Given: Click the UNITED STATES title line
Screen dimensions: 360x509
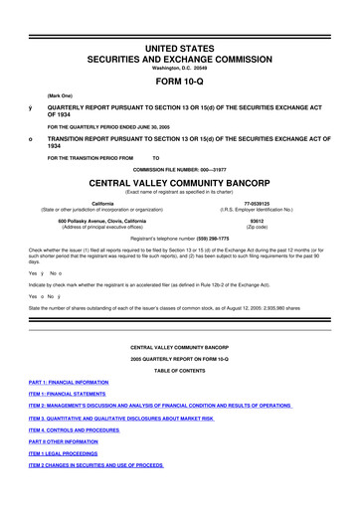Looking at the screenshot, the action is tap(180, 34).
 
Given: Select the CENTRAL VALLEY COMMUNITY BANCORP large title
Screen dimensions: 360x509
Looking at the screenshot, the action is tap(180, 184).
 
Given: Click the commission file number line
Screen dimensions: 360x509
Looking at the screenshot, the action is tap(180, 169).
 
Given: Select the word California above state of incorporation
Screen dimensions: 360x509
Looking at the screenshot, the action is tap(94, 204).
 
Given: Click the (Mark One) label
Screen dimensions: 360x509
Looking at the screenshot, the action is tap(46, 94).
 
